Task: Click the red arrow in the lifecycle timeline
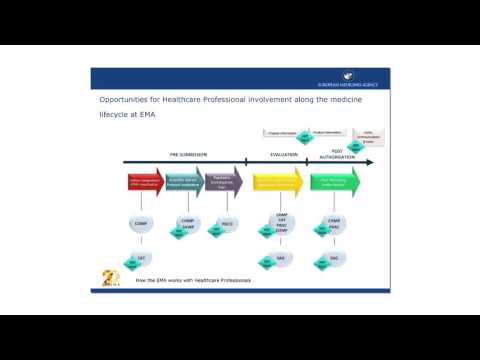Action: (x=146, y=183)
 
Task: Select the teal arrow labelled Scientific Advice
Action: (x=185, y=183)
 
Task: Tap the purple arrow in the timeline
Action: (x=224, y=183)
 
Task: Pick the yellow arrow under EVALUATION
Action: (x=277, y=183)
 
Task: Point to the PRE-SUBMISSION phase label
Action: (x=187, y=154)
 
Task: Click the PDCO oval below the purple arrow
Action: (x=228, y=224)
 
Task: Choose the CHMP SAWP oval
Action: (x=187, y=224)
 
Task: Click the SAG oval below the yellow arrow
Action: (x=282, y=258)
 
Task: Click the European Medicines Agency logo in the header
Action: (x=349, y=76)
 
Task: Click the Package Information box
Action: (x=279, y=131)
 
